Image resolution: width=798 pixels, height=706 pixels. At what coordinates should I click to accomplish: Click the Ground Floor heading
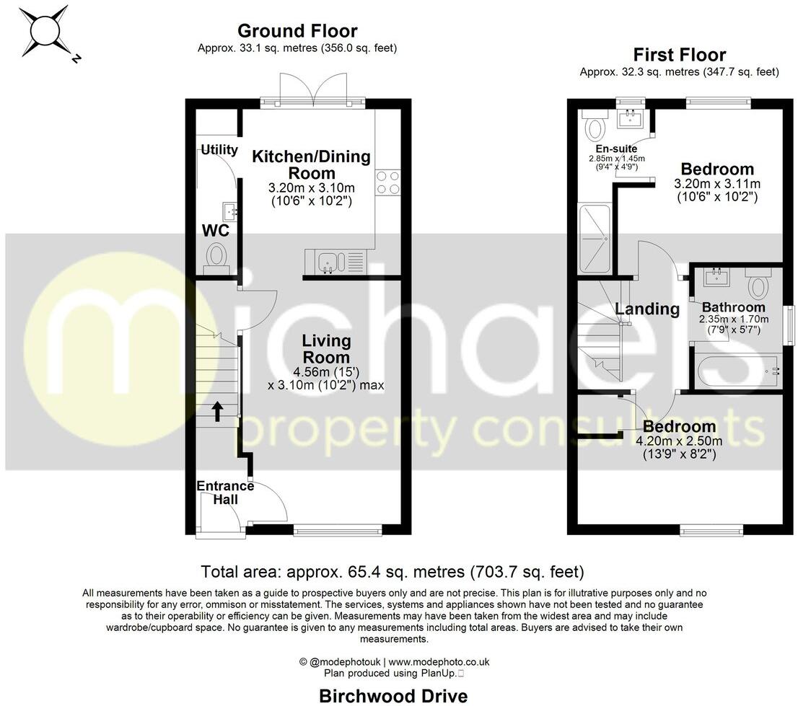[297, 31]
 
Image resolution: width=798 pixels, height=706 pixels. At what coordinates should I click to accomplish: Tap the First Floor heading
[679, 55]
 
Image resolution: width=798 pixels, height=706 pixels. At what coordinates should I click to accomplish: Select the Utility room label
[219, 150]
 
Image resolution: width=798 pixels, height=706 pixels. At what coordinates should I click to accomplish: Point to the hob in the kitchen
[388, 182]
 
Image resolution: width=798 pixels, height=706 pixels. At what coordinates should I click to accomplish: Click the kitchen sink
[327, 260]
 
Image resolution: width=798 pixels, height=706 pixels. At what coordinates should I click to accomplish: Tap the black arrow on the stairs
[216, 411]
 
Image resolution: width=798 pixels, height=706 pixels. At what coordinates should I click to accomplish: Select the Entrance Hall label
[225, 492]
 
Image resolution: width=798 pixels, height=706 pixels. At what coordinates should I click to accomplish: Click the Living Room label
[326, 348]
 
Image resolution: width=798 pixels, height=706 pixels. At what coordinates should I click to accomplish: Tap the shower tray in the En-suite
[595, 239]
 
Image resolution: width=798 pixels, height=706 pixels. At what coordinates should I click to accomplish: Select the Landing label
[647, 309]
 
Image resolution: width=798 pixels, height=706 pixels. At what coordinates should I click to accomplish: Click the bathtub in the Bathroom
[736, 369]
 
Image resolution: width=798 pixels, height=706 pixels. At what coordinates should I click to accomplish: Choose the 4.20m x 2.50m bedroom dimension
[679, 442]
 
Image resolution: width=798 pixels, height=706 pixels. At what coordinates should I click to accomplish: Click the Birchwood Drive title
[393, 696]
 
